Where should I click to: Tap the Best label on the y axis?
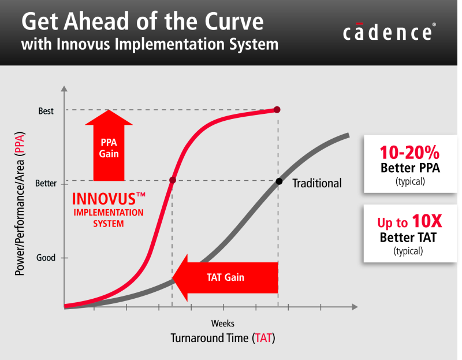click(x=46, y=110)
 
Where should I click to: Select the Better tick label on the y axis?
click(x=46, y=183)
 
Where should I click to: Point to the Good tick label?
click(x=46, y=258)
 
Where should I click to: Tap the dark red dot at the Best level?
click(x=277, y=110)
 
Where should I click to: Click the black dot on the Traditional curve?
click(x=278, y=181)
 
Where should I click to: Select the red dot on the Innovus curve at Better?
click(x=172, y=181)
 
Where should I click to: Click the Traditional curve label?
click(x=316, y=184)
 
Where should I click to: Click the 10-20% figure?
click(x=409, y=153)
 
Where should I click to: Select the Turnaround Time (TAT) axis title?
click(x=222, y=338)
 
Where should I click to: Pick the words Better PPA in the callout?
click(x=409, y=169)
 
